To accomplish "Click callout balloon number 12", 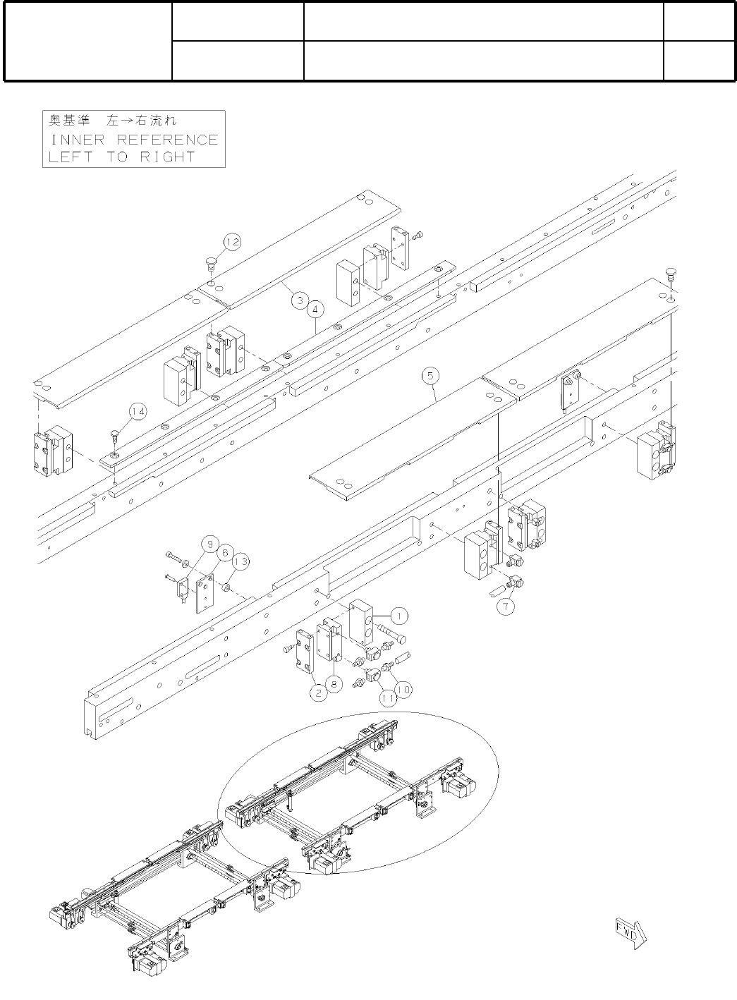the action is pyautogui.click(x=233, y=242).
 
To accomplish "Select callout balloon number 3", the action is pyautogui.click(x=300, y=301).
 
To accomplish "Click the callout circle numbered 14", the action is pyautogui.click(x=138, y=411).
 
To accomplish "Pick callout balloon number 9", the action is pyautogui.click(x=209, y=544).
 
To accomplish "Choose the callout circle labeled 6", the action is pyautogui.click(x=225, y=552).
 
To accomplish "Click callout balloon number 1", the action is pyautogui.click(x=398, y=616).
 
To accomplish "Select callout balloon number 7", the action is pyautogui.click(x=505, y=605).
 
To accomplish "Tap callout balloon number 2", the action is pyautogui.click(x=319, y=693).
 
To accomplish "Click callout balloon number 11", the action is pyautogui.click(x=387, y=698).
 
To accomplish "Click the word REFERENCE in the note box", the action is pyautogui.click(x=168, y=140).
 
